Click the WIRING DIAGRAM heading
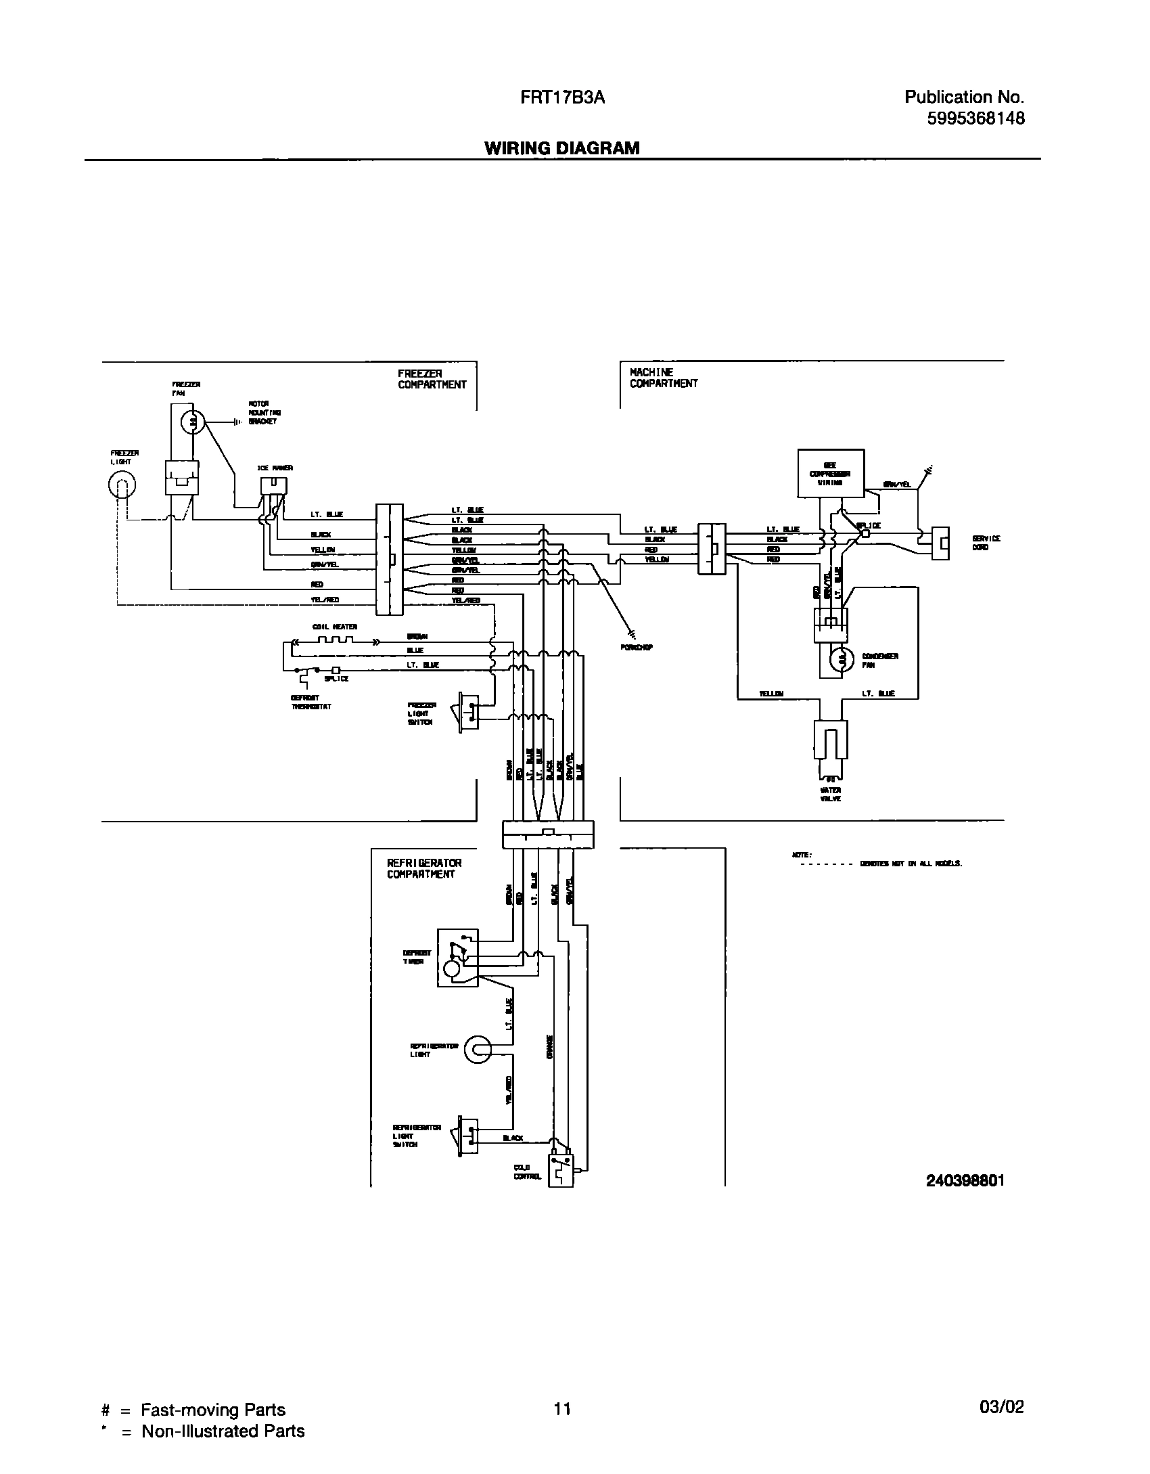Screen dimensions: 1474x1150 point(561,148)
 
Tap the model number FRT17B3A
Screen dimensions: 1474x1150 point(562,98)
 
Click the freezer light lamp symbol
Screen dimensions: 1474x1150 point(122,484)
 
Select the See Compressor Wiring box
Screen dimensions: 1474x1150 point(831,474)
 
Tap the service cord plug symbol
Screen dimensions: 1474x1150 point(940,543)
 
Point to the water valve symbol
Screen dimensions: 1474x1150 point(831,744)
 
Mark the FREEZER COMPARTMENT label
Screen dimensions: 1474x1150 point(432,379)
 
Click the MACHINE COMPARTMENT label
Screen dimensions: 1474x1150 point(663,378)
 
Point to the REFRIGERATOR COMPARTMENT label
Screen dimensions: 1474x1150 point(424,868)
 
